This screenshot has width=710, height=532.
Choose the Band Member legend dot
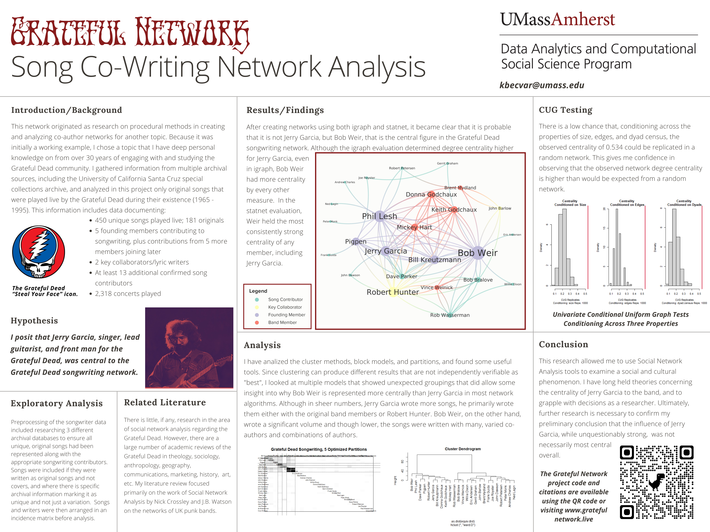pyautogui.click(x=257, y=323)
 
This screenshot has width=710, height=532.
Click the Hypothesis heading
pyautogui.click(x=34, y=321)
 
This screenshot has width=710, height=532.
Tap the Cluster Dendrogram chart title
pyautogui.click(x=463, y=449)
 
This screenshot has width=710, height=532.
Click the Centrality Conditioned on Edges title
pyautogui.click(x=627, y=203)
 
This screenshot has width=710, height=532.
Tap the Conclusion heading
pyautogui.click(x=563, y=344)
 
